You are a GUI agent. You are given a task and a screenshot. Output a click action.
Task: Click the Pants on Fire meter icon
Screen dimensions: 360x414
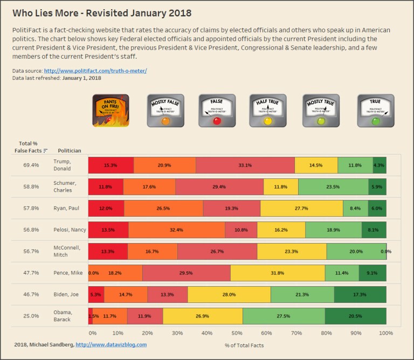(111, 110)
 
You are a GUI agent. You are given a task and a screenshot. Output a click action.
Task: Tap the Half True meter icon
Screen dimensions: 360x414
(268, 110)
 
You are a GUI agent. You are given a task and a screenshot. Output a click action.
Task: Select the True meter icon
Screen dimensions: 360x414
(376, 110)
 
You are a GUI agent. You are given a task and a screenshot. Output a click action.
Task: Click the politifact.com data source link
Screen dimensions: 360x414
(95, 71)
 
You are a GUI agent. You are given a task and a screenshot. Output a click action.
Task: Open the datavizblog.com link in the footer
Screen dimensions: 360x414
(111, 344)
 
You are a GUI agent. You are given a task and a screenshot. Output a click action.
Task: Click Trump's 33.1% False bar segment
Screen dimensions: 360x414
(245, 165)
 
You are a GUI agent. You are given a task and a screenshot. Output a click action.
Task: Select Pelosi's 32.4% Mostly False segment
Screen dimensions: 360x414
(177, 230)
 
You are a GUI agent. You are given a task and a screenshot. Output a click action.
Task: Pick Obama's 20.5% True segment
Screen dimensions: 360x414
(355, 316)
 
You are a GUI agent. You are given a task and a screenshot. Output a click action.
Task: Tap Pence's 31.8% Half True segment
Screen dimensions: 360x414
(278, 273)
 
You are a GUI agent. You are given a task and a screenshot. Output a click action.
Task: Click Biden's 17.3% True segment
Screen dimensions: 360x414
(360, 294)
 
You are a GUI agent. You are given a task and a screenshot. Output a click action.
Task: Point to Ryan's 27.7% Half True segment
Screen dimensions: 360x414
(301, 208)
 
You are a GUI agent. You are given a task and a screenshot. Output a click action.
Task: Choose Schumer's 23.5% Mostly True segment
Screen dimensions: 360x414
(333, 186)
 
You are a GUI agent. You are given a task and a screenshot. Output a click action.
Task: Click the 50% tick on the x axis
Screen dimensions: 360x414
(237, 334)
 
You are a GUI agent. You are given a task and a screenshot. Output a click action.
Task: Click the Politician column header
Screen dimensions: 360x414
(70, 151)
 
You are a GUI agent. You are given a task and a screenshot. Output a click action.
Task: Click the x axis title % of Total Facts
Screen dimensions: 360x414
(244, 344)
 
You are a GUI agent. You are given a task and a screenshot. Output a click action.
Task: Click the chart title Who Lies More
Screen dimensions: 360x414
(102, 12)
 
